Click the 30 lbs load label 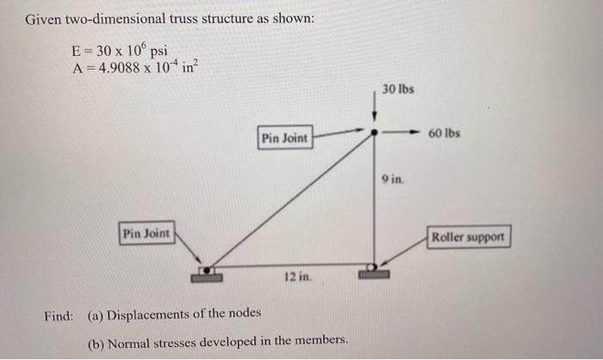click(398, 90)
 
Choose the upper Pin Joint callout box click(284, 138)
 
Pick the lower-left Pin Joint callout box click(146, 233)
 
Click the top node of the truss click(374, 133)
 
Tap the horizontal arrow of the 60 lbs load click(405, 133)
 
